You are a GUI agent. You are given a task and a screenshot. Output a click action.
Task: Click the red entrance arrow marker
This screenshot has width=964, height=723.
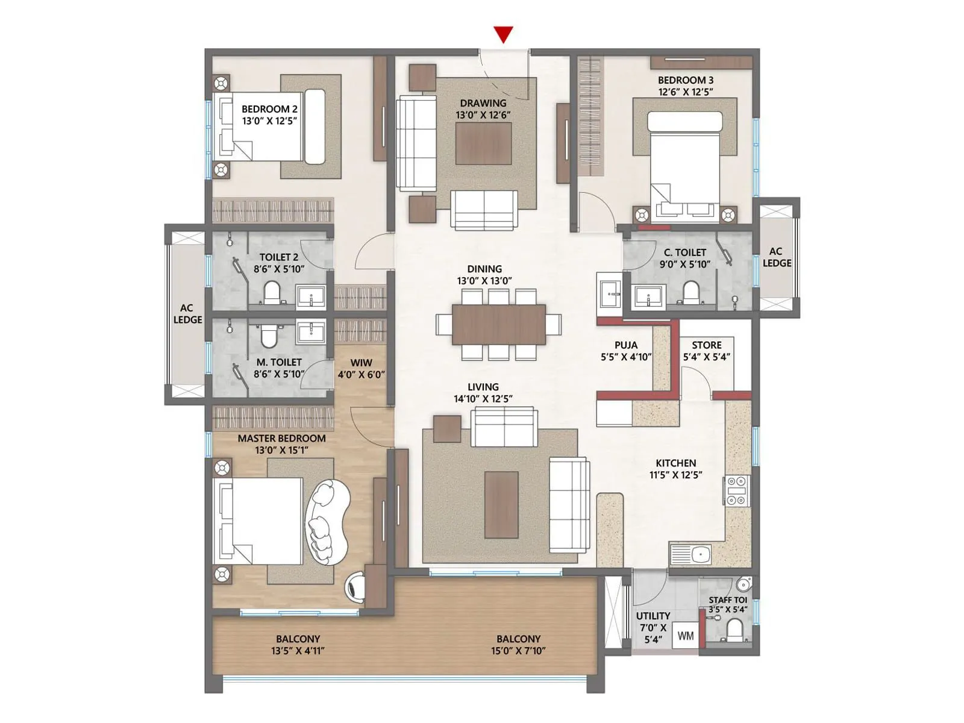point(503,35)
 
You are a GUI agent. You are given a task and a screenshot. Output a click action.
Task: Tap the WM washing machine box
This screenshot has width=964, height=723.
point(686,636)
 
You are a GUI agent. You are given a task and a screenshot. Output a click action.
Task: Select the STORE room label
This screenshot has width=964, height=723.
point(706,345)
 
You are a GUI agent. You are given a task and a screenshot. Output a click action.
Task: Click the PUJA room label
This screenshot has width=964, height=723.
point(625,345)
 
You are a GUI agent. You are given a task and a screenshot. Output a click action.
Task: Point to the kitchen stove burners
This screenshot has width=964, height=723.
point(736,490)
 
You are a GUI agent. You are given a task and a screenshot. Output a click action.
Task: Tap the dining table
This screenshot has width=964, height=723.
point(499,324)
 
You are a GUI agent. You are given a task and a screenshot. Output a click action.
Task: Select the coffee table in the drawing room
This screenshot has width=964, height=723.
point(484,143)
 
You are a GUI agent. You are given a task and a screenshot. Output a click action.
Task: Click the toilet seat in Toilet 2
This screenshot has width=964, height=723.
point(272,293)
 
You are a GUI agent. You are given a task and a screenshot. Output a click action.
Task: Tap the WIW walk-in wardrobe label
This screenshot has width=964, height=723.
point(361,363)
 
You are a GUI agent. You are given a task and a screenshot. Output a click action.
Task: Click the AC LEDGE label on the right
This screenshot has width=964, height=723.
point(777,257)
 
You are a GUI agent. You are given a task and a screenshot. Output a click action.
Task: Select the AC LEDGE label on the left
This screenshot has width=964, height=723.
point(187,314)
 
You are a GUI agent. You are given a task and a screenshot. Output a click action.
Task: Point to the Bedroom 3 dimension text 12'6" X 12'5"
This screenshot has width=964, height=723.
point(686,92)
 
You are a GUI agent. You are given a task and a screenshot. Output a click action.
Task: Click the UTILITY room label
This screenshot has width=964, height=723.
point(653,616)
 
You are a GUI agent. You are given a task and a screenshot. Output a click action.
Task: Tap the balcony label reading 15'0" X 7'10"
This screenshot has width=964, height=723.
point(518,651)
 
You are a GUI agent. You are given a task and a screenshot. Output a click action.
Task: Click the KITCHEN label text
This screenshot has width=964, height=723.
point(676,463)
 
